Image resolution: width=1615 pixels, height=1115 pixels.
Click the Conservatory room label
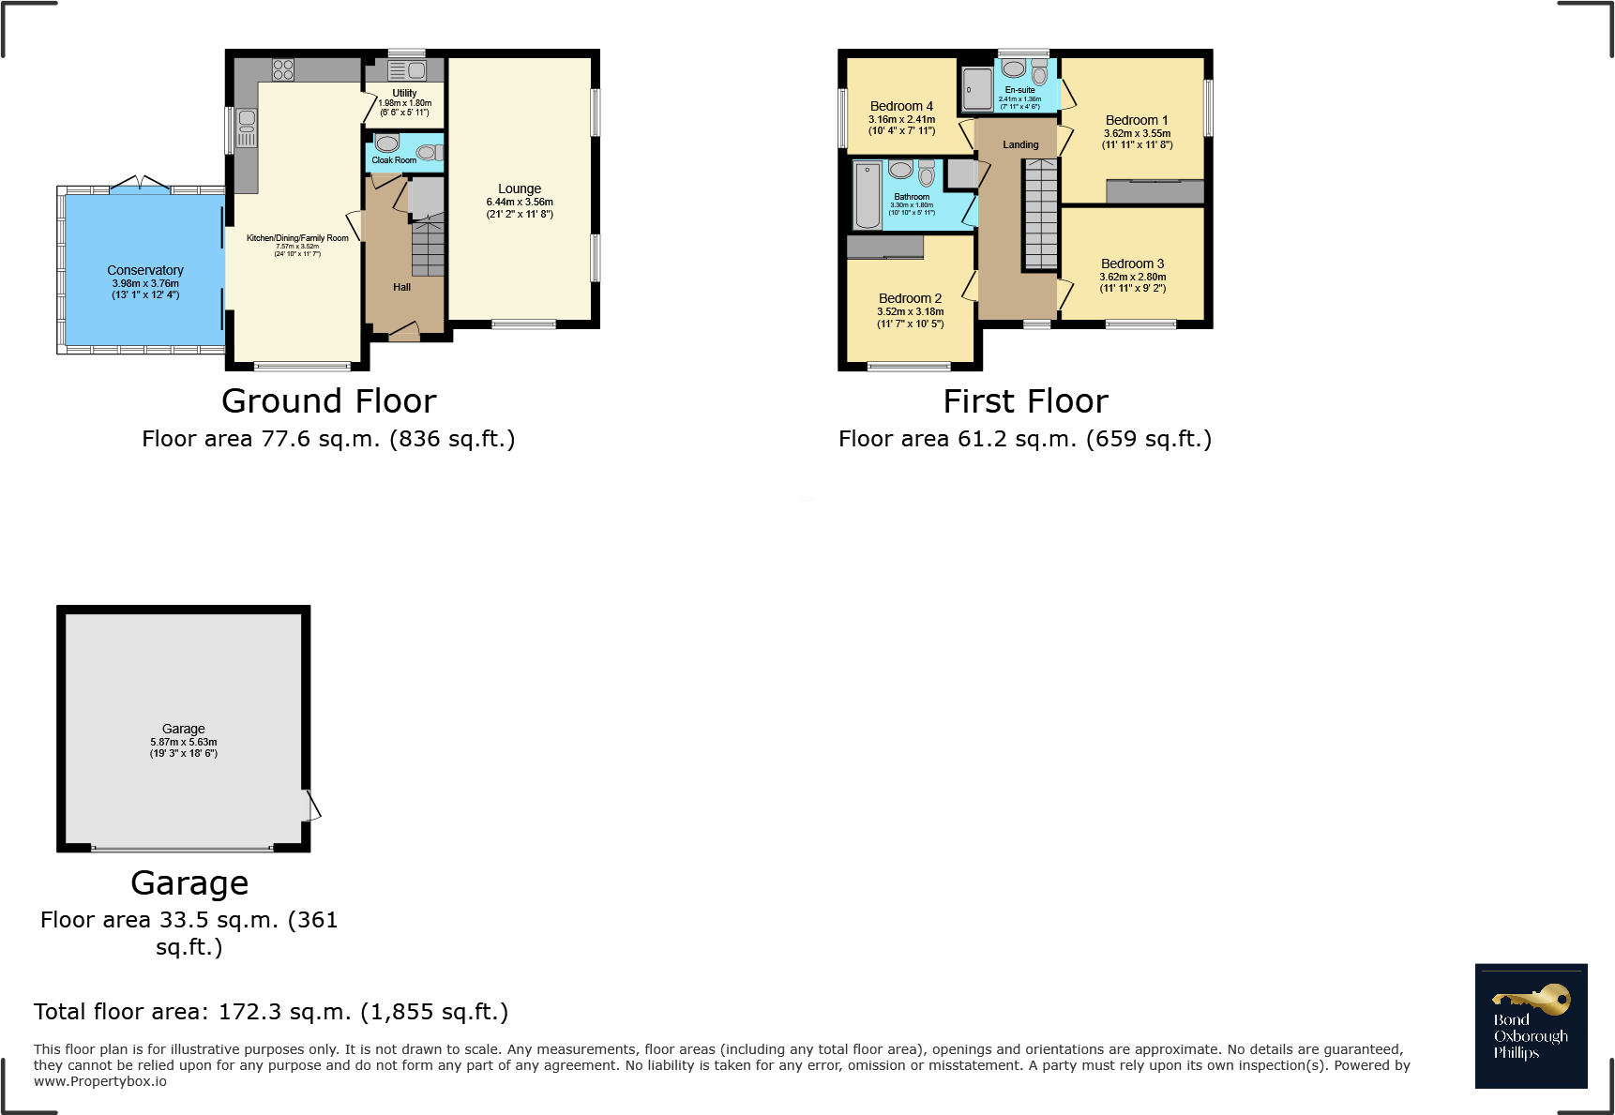coord(145,270)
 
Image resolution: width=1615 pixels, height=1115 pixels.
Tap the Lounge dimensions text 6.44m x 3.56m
coord(520,202)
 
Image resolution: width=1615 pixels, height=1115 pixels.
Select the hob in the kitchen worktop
coord(283,69)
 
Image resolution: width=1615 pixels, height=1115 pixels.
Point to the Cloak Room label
coord(394,160)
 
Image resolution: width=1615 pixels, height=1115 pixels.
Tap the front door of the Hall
coord(404,332)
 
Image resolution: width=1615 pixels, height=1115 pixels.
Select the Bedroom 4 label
coord(901,106)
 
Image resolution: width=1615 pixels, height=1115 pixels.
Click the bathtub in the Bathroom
coord(868,195)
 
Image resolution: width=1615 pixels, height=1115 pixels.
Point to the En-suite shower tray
coord(977,89)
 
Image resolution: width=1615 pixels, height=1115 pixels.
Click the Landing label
coord(1020,144)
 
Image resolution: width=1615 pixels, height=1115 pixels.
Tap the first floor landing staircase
coord(1040,214)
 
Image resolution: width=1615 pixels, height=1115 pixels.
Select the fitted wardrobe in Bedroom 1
coord(1155,191)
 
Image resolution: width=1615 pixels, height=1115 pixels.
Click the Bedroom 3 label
coord(1132,264)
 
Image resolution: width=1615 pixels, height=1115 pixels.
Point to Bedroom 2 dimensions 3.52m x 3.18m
coord(910,311)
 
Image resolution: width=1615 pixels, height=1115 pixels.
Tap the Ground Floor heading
coord(329,401)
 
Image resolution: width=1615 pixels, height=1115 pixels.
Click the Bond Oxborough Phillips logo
coord(1531,1026)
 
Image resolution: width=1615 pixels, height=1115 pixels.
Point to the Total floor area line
coord(271,1012)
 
